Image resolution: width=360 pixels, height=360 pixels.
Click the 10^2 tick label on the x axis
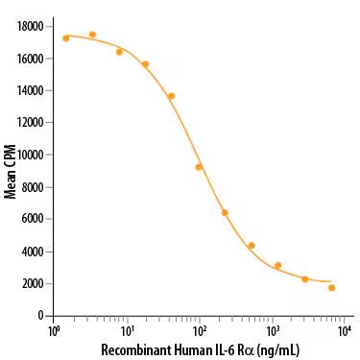pos(199,331)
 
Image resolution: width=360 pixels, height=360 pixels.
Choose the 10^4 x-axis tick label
pos(345,331)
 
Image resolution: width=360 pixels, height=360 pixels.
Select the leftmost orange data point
pos(66,38)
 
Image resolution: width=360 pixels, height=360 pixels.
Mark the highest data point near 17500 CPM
pos(92,35)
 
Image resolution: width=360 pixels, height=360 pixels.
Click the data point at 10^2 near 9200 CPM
pos(199,167)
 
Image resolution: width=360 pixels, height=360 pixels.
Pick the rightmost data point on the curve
pos(332,287)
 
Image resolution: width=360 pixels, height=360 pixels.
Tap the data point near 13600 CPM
pos(171,96)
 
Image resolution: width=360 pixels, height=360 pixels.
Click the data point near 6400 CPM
pos(225,212)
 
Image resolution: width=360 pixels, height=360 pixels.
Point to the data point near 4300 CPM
pos(252,246)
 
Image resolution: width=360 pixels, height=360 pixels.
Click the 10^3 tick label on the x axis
pos(272,331)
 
